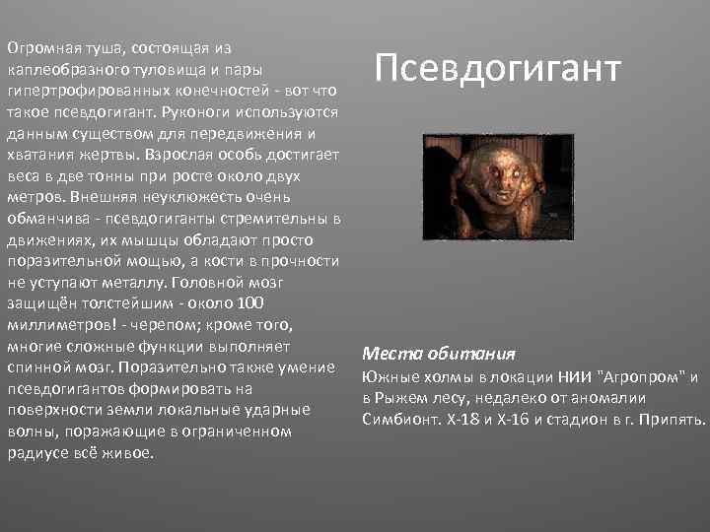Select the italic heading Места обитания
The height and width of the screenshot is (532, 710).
point(438,354)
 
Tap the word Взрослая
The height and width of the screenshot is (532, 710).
point(176,155)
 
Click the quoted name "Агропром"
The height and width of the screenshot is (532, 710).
point(640,377)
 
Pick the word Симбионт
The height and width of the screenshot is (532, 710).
point(400,420)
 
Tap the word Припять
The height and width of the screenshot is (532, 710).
point(671,420)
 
